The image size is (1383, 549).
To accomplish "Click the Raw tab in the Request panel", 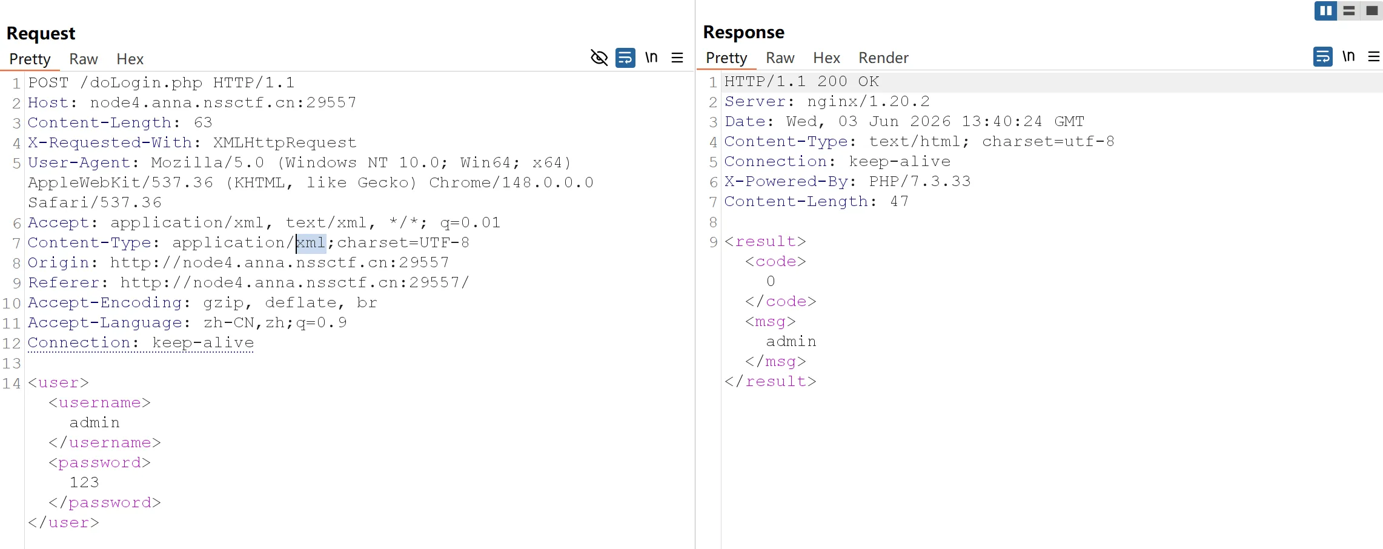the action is (x=84, y=59).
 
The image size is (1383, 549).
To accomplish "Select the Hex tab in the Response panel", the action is (x=826, y=58).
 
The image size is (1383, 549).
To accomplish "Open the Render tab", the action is (x=883, y=58).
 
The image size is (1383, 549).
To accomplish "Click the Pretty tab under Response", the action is (x=726, y=58).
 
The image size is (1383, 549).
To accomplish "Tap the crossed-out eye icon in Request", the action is (x=599, y=58).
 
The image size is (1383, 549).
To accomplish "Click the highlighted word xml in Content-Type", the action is (x=311, y=243).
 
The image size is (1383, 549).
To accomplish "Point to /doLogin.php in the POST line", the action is (x=141, y=82).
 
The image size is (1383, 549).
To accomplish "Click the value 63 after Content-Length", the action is (x=203, y=122).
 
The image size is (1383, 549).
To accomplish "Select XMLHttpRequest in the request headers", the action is (x=285, y=142).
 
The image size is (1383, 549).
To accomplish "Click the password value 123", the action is (x=84, y=482).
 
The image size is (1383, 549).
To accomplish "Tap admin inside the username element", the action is (x=95, y=422).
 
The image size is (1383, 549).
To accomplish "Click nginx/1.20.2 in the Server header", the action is (x=868, y=101).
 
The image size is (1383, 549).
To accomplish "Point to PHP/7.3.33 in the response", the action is (x=920, y=181).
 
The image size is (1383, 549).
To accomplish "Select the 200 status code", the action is (x=832, y=81).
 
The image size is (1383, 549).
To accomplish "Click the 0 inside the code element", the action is (x=771, y=281).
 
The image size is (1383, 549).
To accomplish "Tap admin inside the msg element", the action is (x=791, y=341).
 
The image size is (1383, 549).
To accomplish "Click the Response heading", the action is (x=743, y=32).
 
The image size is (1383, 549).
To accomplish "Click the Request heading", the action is (x=41, y=33).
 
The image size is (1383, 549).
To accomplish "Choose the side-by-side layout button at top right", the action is (x=1325, y=11).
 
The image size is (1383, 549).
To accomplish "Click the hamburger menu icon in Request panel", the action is (x=677, y=58).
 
